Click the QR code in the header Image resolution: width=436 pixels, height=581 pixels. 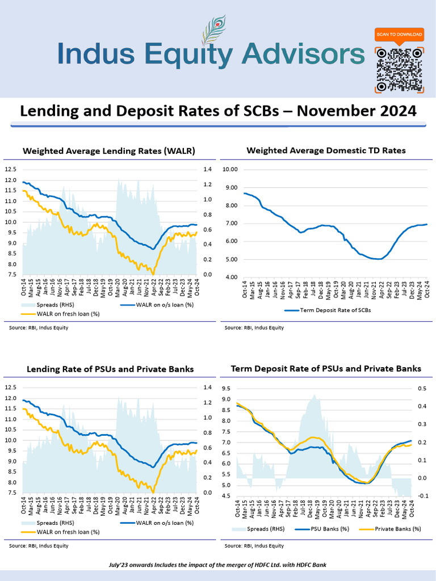tap(399, 69)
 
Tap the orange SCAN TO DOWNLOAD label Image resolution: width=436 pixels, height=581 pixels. tap(399, 35)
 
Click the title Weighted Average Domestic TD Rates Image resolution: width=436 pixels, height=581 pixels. tap(326, 150)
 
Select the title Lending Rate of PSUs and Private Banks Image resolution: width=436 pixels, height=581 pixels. tap(110, 369)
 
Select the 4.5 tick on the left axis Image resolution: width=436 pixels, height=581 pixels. tap(227, 496)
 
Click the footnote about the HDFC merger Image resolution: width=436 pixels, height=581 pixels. tap(217, 565)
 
